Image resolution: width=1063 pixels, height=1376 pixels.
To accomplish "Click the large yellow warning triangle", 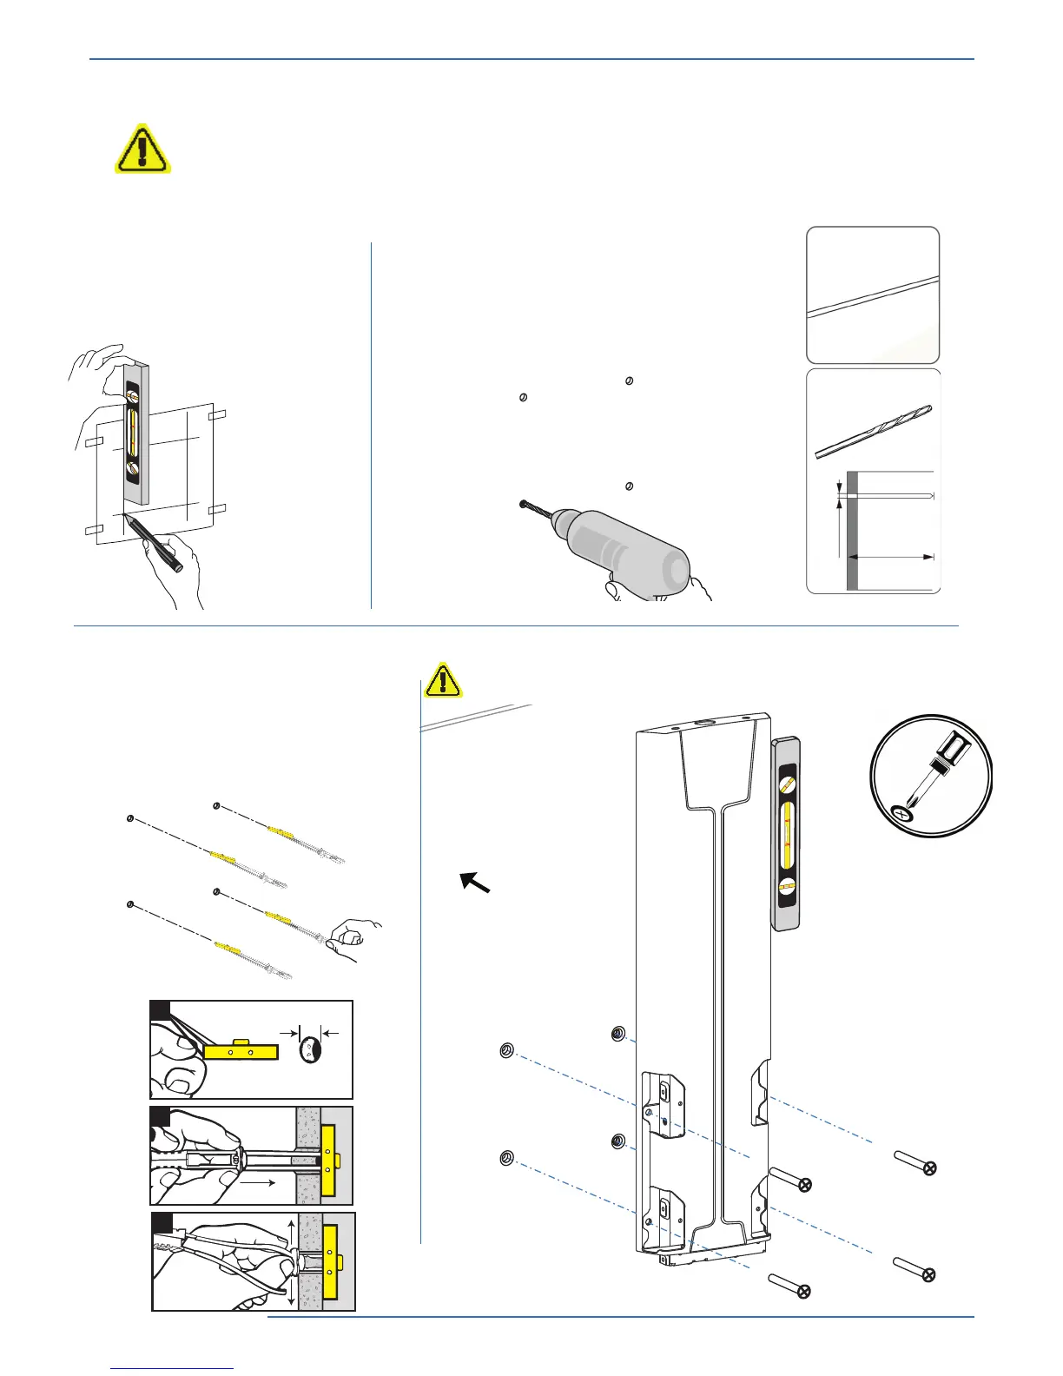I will click(x=142, y=149).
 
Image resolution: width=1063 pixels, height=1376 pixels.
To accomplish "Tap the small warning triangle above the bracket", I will click(x=443, y=679).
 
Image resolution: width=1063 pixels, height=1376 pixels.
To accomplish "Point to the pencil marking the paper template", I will click(x=154, y=541).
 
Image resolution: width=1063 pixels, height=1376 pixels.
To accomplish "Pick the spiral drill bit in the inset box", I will click(x=873, y=432).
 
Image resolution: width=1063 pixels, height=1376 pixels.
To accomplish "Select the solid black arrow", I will click(x=475, y=882).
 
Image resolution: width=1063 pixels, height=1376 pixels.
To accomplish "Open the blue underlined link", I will click(x=174, y=1368).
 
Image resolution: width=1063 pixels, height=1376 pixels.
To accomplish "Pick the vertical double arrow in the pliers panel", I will click(x=289, y=1260).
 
